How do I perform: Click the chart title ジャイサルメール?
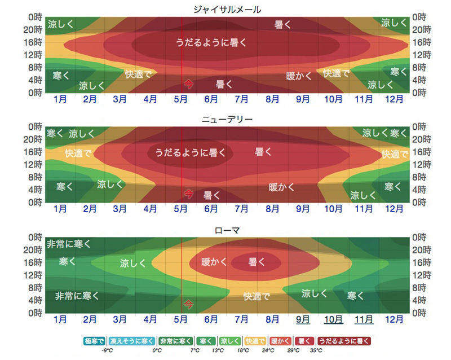click(x=226, y=10)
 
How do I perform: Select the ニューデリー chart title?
click(x=226, y=120)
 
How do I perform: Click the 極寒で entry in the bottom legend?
click(x=95, y=341)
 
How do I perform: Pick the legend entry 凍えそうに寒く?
click(x=131, y=341)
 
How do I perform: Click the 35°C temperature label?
click(x=316, y=350)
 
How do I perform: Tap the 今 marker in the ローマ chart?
click(x=188, y=304)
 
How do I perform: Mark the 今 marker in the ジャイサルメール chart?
click(x=188, y=84)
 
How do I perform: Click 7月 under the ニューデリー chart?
click(x=242, y=209)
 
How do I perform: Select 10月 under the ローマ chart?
click(x=333, y=319)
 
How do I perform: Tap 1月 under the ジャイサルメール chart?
click(x=60, y=99)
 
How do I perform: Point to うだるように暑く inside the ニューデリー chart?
click(x=190, y=152)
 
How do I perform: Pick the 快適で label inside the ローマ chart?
click(x=257, y=296)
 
